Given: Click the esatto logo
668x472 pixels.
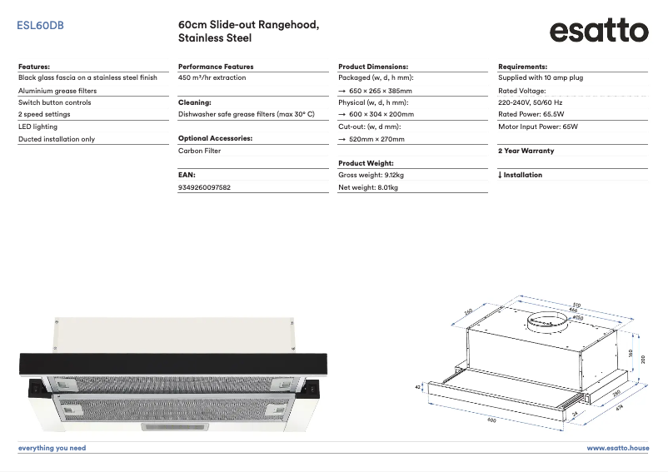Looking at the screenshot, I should click(x=598, y=32).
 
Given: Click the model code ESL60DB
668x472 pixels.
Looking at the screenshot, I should click(x=40, y=26).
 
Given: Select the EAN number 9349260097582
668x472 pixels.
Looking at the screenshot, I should click(x=204, y=188).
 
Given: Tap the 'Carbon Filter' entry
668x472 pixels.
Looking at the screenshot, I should click(x=199, y=152).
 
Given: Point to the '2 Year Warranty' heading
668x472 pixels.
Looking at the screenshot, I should click(x=526, y=152).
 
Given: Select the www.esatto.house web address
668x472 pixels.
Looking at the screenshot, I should click(x=617, y=448).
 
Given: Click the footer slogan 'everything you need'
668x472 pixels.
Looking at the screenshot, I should click(x=52, y=448).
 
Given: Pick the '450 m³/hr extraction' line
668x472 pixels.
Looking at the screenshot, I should click(x=212, y=77).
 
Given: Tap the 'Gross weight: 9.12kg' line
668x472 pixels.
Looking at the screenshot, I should click(x=371, y=176).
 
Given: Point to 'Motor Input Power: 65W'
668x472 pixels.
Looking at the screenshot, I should click(x=537, y=127).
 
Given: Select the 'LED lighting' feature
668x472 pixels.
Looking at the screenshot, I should click(x=38, y=127).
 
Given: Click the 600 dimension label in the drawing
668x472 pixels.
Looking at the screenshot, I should click(x=491, y=420).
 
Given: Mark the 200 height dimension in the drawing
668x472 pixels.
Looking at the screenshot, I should click(x=643, y=358).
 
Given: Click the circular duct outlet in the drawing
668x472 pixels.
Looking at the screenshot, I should click(x=543, y=320).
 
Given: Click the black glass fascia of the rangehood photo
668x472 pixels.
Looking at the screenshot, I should click(x=173, y=362).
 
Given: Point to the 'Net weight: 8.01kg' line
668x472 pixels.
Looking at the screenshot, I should click(x=368, y=188).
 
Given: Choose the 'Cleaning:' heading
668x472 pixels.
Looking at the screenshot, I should click(x=194, y=102).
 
